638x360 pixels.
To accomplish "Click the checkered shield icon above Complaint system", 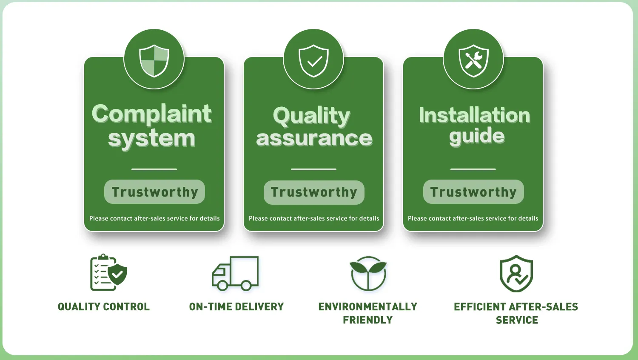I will (154, 60).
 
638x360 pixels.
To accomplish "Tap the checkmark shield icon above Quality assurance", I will (313, 60).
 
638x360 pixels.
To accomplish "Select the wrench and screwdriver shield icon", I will (473, 60).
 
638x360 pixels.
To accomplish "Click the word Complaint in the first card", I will (152, 114).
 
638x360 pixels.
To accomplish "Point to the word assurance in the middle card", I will (314, 138).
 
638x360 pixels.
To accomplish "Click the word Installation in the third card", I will (474, 115).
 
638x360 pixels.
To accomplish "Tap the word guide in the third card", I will (477, 136).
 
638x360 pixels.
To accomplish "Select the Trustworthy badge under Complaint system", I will (154, 192).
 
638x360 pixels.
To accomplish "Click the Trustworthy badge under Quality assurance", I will (314, 192).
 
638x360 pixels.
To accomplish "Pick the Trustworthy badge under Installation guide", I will (473, 192).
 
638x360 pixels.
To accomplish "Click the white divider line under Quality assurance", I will (313, 169).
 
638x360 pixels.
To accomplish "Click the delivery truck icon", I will (235, 273).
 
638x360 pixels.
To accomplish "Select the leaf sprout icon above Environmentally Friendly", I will (368, 273).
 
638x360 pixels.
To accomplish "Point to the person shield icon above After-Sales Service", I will (516, 274).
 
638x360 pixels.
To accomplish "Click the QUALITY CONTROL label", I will (104, 307).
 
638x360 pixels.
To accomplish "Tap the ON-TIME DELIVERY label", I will (236, 307).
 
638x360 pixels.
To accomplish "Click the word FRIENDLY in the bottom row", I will (368, 320).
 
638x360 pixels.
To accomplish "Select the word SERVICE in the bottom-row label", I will (517, 320).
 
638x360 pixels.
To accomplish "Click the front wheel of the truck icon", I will (222, 285).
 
